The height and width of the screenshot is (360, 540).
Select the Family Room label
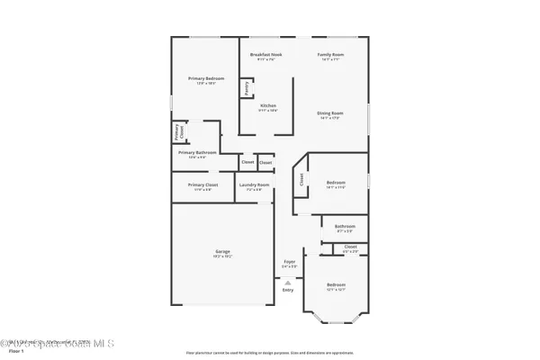pos(330,55)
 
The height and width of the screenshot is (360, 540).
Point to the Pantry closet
pos(245,88)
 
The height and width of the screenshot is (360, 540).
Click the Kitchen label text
pos(267,105)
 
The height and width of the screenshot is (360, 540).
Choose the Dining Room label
pos(330,113)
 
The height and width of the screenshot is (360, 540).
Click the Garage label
pos(221,251)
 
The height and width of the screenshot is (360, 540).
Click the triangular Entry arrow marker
pos(288,282)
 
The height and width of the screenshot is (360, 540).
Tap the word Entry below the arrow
pos(288,290)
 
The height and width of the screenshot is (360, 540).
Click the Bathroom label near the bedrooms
pos(345,227)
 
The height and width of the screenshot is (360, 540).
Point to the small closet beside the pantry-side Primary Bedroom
pos(177,132)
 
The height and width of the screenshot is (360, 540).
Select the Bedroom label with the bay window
pos(336,285)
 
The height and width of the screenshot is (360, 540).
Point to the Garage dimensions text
pos(221,256)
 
